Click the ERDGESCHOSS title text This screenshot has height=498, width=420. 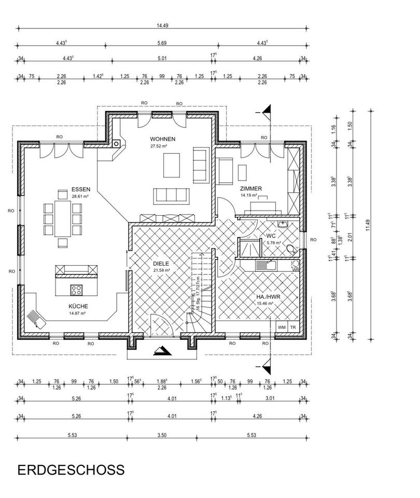71,469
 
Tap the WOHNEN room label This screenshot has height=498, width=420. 163,139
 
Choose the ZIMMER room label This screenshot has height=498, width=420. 251,189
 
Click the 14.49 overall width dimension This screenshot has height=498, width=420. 162,26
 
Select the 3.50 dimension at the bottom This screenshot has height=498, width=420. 162,435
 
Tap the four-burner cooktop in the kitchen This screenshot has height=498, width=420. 76,289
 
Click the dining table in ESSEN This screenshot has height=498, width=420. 63,218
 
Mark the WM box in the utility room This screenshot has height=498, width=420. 282,327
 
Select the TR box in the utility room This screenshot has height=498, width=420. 293,327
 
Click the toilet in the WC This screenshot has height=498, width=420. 292,250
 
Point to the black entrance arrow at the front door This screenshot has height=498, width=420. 162,351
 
